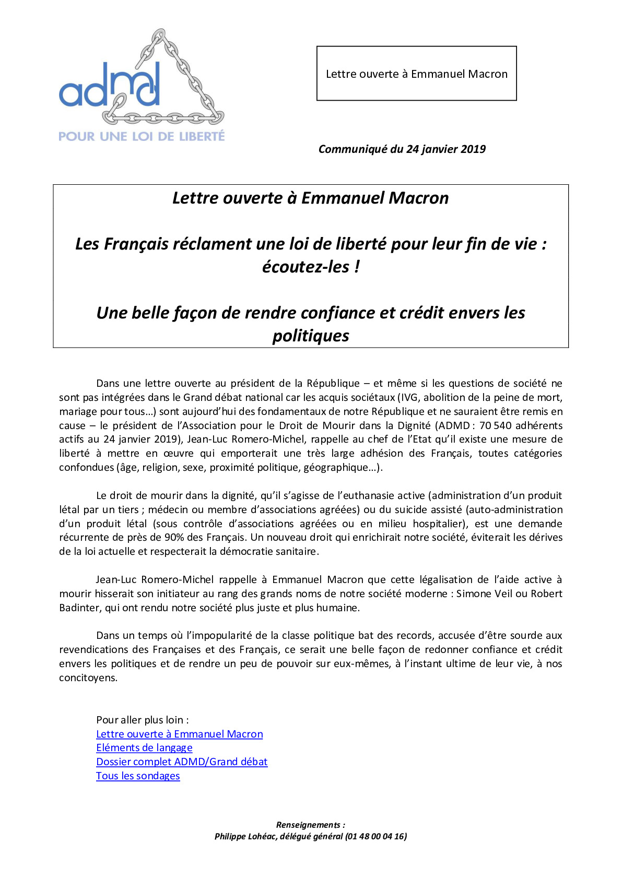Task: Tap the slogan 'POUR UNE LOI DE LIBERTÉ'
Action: click(142, 137)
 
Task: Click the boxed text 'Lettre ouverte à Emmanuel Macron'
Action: click(416, 74)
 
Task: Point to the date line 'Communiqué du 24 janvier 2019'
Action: click(402, 149)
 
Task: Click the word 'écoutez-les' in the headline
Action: click(306, 267)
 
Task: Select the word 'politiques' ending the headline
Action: click(311, 336)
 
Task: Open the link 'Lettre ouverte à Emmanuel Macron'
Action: click(179, 734)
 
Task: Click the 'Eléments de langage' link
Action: click(144, 748)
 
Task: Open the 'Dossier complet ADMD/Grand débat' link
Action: click(182, 762)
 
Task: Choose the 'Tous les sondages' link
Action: click(138, 776)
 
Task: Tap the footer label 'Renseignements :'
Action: click(310, 825)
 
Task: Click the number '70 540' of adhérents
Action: click(496, 425)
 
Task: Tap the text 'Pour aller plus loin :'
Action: click(143, 720)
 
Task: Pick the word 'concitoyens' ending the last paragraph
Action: click(88, 678)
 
